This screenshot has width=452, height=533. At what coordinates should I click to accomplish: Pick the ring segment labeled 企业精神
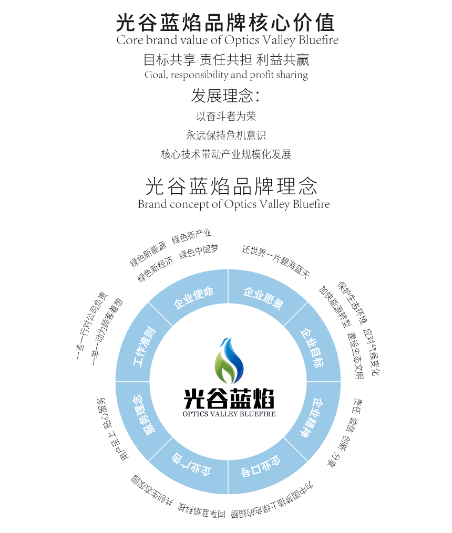(311, 417)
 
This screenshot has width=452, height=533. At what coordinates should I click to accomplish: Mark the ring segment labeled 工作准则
(143, 347)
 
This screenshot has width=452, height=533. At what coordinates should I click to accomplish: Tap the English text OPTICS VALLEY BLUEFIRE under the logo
(229, 413)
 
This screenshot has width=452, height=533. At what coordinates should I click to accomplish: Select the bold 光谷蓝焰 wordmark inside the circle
(229, 399)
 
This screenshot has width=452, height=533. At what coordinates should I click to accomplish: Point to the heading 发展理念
(225, 96)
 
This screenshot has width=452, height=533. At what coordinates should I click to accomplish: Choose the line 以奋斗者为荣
(226, 116)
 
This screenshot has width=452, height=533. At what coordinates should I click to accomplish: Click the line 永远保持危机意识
(226, 135)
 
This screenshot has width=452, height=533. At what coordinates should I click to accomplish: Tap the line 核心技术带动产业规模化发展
(226, 154)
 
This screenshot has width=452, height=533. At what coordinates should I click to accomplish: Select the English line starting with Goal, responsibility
(226, 75)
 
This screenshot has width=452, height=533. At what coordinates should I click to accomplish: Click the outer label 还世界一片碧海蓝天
(276, 261)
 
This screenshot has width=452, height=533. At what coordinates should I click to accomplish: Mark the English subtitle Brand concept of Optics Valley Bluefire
(234, 204)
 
